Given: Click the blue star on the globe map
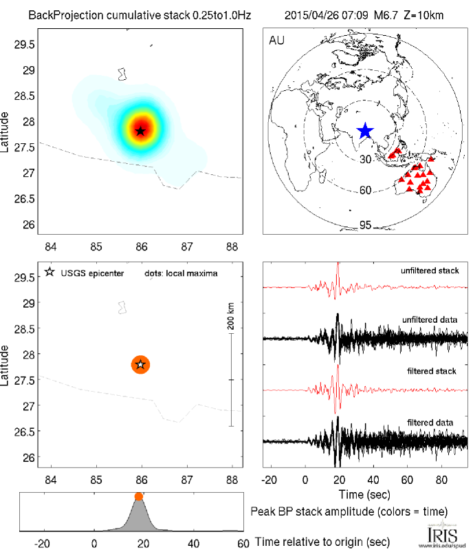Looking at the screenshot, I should click(365, 131).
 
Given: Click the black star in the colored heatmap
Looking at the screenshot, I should click(141, 130).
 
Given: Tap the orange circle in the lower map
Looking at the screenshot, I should click(141, 364).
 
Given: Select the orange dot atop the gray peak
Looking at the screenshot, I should click(139, 496).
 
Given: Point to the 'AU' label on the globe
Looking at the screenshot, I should click(277, 40).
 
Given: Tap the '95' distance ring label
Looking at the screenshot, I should click(365, 225).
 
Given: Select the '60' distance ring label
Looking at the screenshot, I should click(365, 190).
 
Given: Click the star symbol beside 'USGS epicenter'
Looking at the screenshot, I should click(49, 273).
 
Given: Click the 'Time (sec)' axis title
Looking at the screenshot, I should click(366, 494).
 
